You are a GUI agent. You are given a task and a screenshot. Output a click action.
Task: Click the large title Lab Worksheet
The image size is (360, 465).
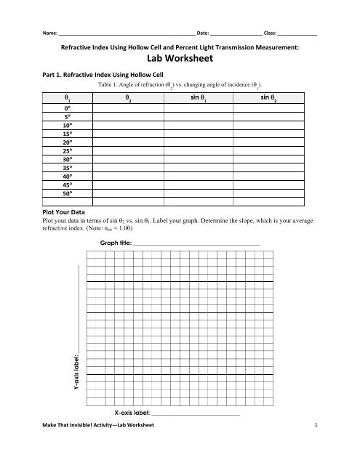coord(180,62)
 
